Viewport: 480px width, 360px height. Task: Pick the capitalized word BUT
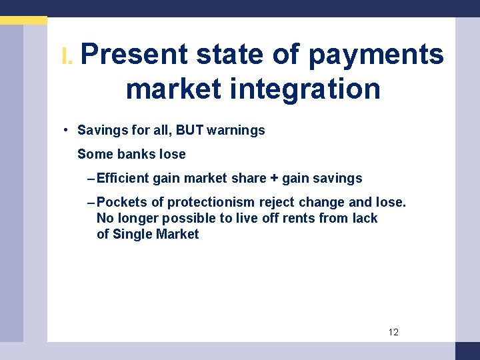[x=189, y=130]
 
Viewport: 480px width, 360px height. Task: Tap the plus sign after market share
[x=274, y=178]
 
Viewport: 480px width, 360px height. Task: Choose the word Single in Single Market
[x=133, y=234]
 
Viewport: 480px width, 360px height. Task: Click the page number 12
[x=393, y=332]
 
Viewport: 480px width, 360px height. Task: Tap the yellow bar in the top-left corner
[x=23, y=21]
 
